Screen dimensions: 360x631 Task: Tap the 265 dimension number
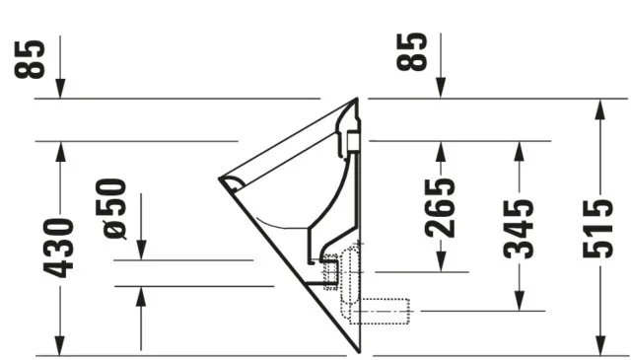point(440,207)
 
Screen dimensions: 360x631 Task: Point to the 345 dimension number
point(520,228)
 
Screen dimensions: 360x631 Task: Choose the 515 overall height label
point(598,228)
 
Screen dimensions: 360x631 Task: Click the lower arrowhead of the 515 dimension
point(598,346)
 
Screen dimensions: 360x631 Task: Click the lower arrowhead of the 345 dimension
point(520,302)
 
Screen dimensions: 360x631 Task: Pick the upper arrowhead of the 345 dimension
point(520,149)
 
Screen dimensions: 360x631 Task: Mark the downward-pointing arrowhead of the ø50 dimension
point(141,252)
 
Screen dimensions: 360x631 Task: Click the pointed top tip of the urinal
point(357,99)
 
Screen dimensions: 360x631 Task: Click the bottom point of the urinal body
point(357,352)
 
